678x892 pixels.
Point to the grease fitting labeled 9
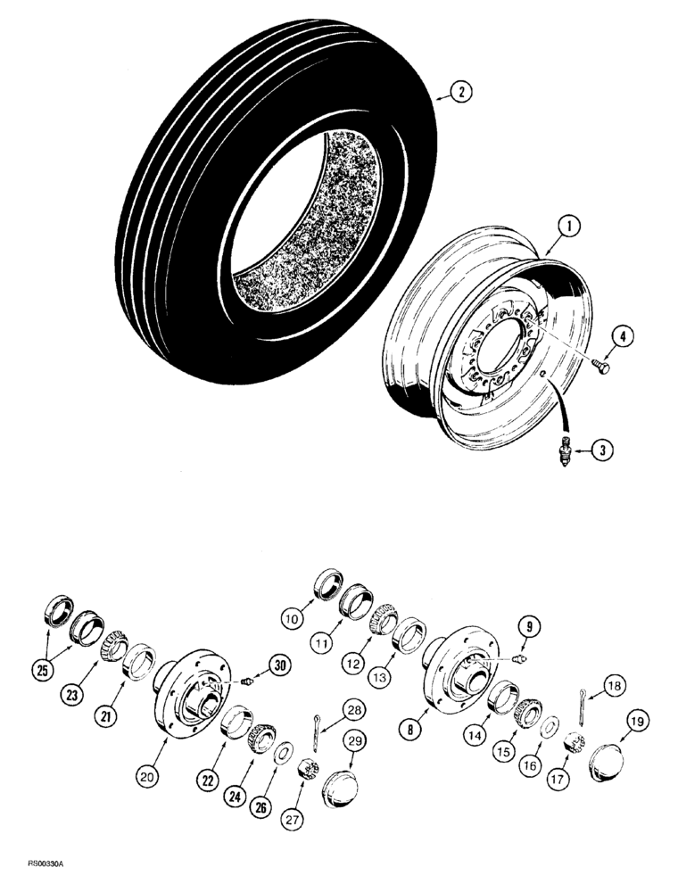point(518,658)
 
